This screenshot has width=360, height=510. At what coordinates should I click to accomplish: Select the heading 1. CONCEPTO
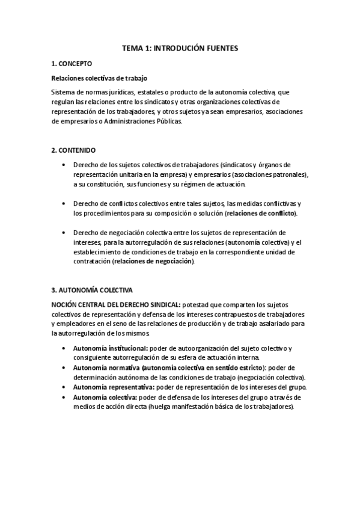[72, 63]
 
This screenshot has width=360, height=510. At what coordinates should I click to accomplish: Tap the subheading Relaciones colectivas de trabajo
[99, 78]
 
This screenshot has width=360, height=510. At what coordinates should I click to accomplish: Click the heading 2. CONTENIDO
[74, 149]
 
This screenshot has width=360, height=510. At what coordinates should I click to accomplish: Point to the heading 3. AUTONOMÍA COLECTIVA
[92, 290]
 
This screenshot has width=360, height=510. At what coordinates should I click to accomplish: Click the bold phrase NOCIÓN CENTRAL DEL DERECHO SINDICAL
[115, 306]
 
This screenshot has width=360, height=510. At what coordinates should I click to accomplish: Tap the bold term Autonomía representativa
[113, 388]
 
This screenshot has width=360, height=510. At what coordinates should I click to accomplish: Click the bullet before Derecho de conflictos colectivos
[64, 203]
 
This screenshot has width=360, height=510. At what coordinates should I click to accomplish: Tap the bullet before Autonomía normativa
[64, 367]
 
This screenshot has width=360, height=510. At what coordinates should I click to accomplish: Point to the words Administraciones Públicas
[142, 121]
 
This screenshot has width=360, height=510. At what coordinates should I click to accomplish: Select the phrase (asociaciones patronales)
[271, 174]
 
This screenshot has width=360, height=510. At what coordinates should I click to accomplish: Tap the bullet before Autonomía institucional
[64, 348]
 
